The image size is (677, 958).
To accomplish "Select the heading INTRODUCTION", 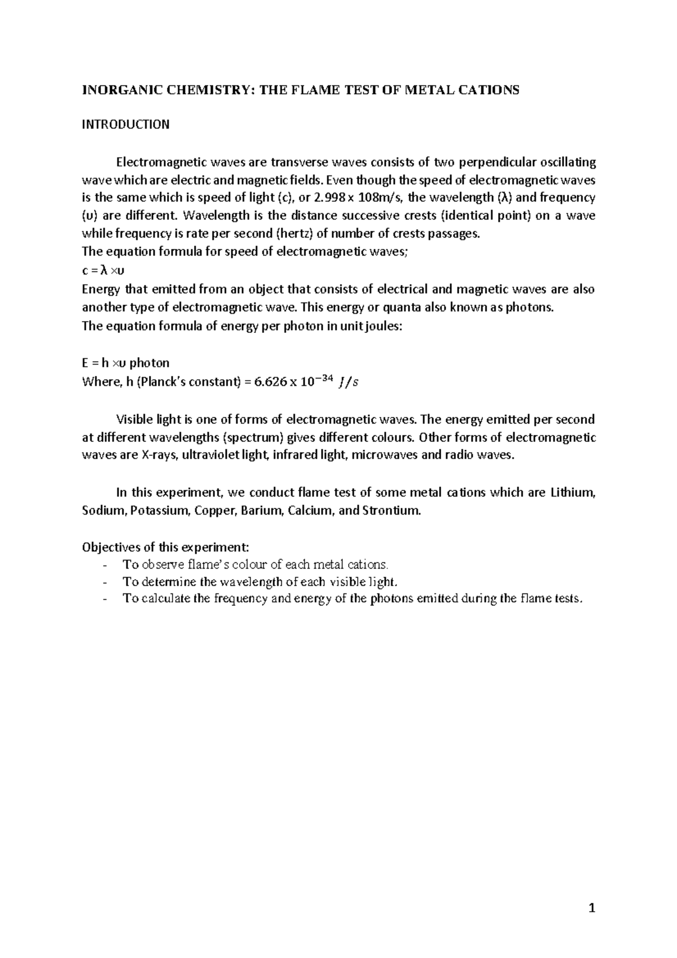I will [125, 125].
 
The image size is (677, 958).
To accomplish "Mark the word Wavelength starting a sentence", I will [221, 216].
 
